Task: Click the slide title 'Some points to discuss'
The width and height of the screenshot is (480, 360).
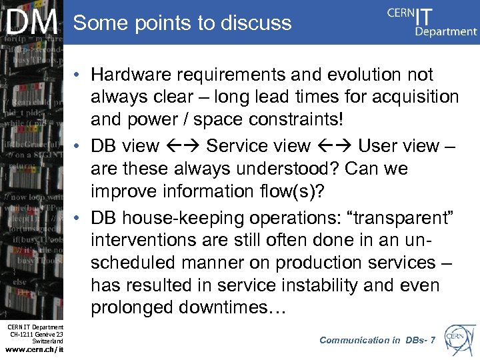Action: (182, 23)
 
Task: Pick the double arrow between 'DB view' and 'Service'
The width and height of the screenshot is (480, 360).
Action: (183, 145)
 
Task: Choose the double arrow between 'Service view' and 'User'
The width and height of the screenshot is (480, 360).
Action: (335, 145)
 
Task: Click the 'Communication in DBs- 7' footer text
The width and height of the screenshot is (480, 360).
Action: (377, 340)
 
